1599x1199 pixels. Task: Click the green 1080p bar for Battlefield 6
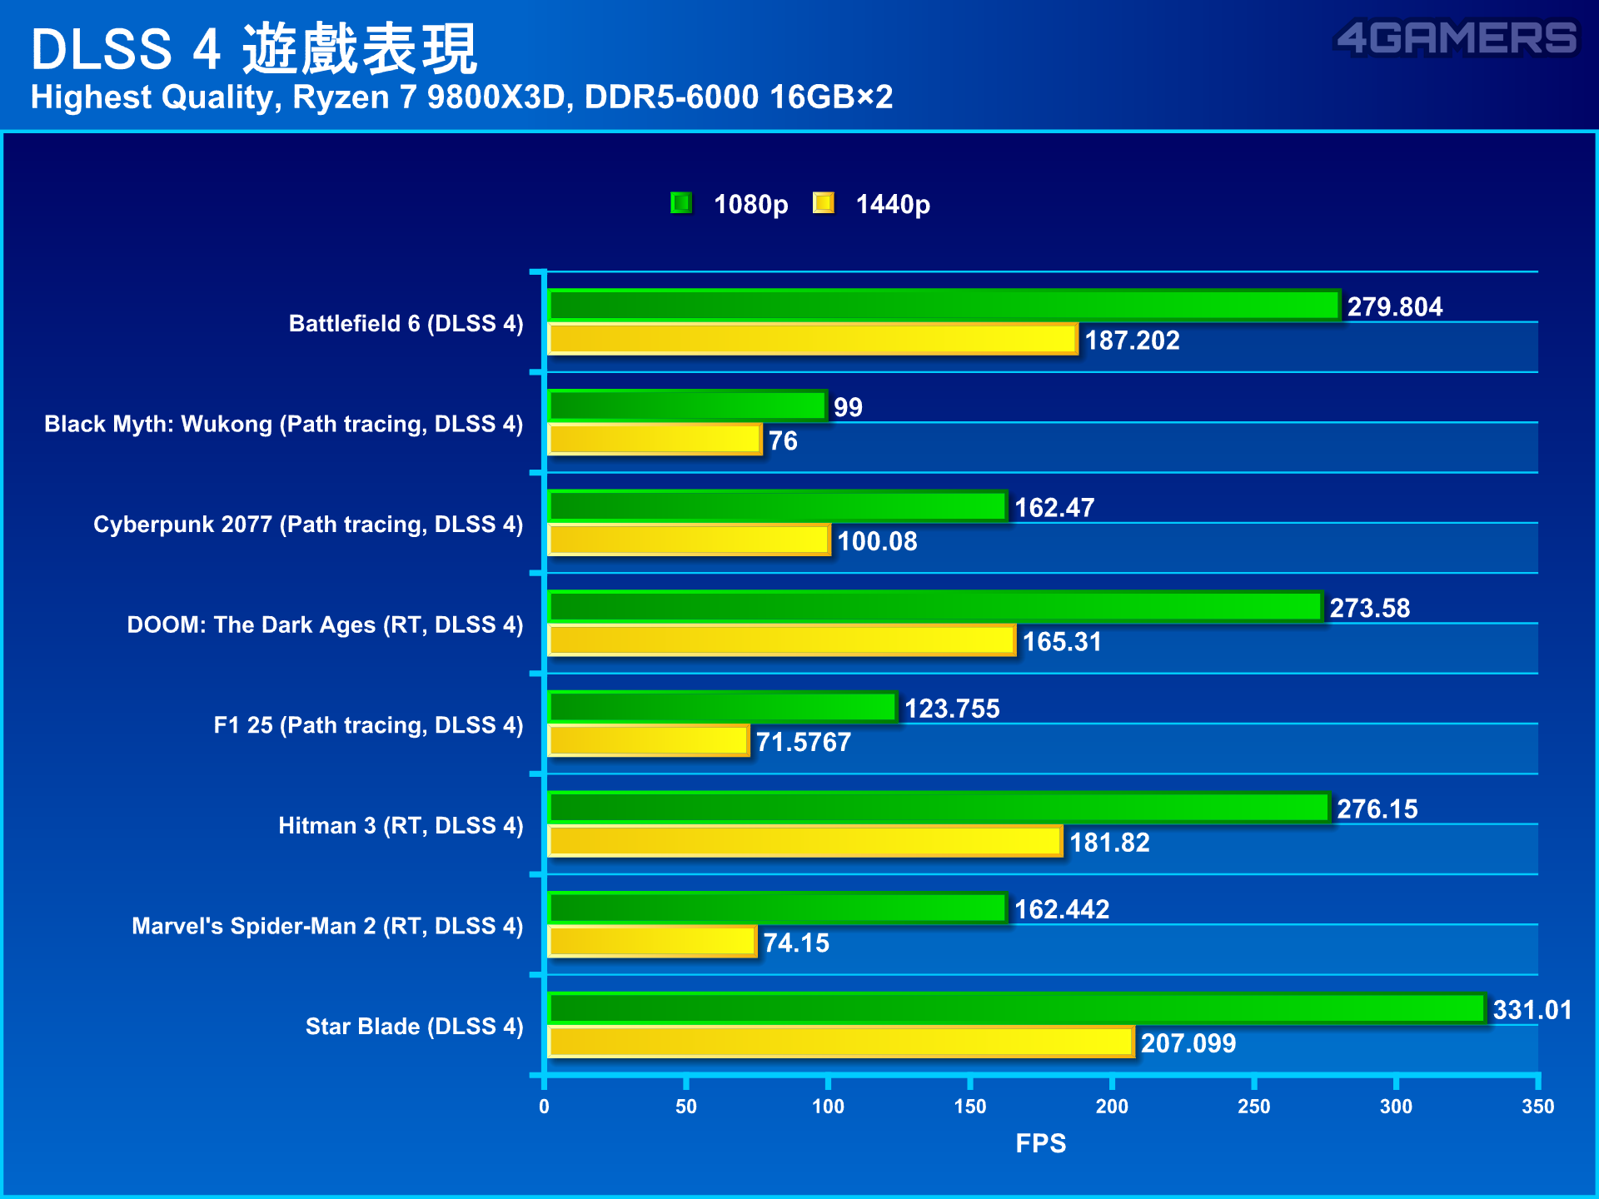click(944, 306)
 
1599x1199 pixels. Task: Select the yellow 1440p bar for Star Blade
click(841, 1042)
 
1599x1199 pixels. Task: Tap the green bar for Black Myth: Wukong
click(687, 405)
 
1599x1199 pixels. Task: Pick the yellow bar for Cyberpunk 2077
click(690, 540)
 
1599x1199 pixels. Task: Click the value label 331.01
click(1532, 1009)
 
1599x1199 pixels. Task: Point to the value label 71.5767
click(803, 742)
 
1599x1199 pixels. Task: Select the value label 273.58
click(1369, 608)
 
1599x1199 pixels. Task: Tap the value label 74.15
click(795, 943)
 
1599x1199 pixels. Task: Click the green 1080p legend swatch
click(681, 203)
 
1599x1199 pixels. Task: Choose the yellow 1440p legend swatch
click(824, 203)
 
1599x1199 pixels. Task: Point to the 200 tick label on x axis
click(1111, 1107)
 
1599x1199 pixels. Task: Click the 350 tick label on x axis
click(1537, 1107)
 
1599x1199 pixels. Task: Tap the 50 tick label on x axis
click(685, 1107)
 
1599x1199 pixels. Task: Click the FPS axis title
click(1040, 1143)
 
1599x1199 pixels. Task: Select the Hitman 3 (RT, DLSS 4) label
click(401, 825)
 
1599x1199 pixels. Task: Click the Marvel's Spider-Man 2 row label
click(327, 926)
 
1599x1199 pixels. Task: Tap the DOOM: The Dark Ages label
click(325, 624)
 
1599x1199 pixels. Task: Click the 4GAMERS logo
click(1456, 38)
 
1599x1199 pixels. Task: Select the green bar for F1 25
click(722, 707)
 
